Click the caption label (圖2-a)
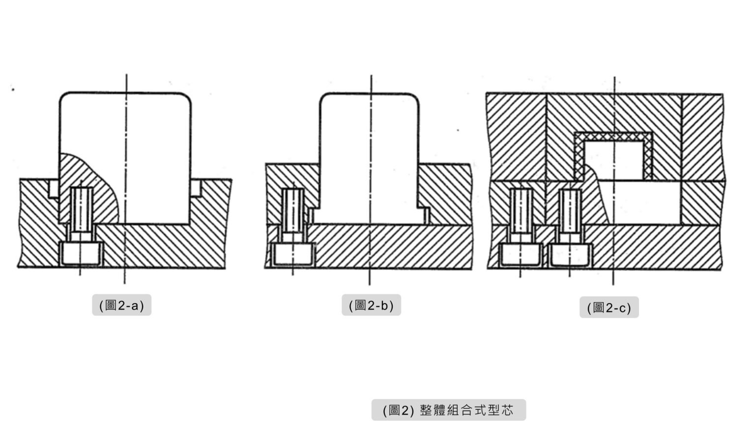(122, 305)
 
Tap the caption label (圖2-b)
(371, 305)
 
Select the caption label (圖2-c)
(609, 307)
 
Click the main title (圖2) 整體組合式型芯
(449, 410)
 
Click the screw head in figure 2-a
(81, 253)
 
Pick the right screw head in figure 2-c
(570, 255)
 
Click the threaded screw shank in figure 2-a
(81, 209)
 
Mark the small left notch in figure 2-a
(54, 189)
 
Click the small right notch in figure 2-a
(196, 188)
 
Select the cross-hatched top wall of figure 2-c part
(613, 137)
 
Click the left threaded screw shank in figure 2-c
(521, 211)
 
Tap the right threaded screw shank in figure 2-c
(570, 211)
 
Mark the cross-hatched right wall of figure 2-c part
(647, 156)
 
